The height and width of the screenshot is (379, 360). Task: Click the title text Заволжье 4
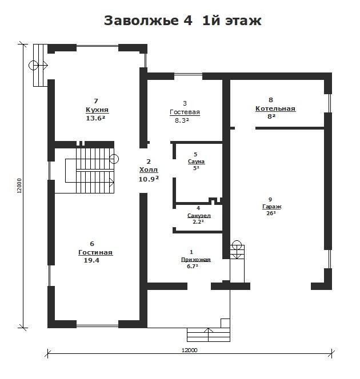(x=148, y=21)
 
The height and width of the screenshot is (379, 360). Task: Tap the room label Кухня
(x=97, y=110)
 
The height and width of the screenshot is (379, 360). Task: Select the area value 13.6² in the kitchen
(x=95, y=118)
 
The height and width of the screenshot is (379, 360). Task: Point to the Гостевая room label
(x=185, y=112)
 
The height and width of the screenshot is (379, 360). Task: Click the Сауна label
(x=196, y=161)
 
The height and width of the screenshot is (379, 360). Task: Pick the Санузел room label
(x=199, y=215)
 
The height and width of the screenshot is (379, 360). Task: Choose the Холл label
(x=149, y=170)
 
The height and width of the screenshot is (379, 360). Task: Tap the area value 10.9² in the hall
(x=149, y=179)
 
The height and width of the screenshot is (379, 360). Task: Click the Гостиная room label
(x=95, y=252)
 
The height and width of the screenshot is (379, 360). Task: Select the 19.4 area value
(x=91, y=260)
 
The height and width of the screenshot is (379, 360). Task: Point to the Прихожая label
(x=196, y=260)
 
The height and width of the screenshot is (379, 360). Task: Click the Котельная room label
(x=275, y=109)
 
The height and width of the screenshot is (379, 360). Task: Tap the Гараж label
(x=272, y=207)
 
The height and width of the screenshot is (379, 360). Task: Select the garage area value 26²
(x=271, y=213)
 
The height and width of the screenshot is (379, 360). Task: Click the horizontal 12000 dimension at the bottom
(x=190, y=350)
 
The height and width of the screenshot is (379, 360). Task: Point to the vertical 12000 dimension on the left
(x=19, y=186)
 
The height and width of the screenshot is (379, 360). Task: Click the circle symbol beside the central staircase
(x=114, y=159)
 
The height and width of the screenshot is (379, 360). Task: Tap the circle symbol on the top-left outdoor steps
(x=33, y=65)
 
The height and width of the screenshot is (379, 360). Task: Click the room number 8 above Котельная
(x=271, y=100)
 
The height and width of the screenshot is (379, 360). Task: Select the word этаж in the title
(x=243, y=21)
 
